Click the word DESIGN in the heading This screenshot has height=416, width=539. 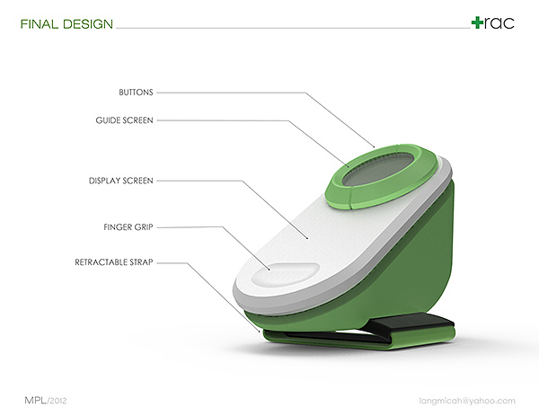point(89,23)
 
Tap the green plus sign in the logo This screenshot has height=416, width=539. point(477,22)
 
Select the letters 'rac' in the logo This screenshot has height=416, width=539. point(499,23)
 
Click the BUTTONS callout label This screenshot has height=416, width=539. point(137,92)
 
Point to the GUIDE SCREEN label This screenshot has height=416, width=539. point(124,120)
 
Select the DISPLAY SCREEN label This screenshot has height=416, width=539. point(121,181)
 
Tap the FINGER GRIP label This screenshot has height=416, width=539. point(129,227)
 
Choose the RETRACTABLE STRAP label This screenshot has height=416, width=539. point(114,263)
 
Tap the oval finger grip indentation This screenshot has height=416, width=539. point(285,274)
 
